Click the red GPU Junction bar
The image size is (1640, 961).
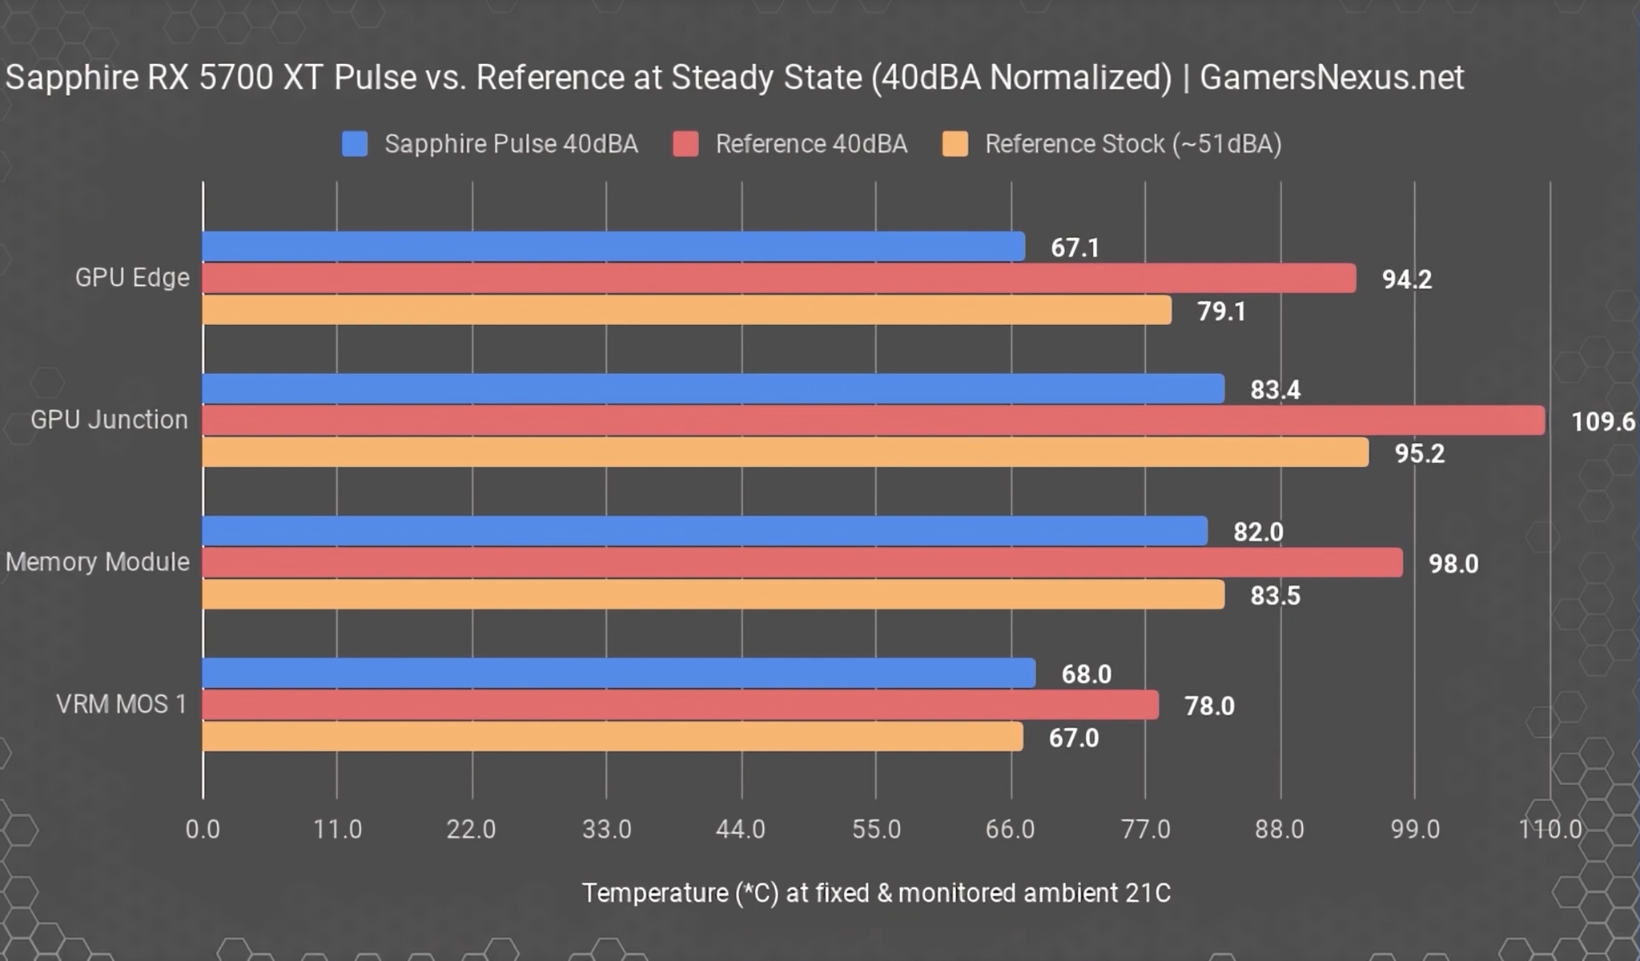873,420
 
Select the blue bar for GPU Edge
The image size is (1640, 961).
613,247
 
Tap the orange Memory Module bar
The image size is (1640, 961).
713,595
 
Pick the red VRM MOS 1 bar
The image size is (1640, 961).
681,706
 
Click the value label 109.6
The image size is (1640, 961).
1602,421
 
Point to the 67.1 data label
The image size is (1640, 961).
1075,247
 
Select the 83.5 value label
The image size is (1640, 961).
1275,596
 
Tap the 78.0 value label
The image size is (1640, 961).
1209,706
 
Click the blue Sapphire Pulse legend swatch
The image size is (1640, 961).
355,144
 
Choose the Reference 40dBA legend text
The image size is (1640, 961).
810,144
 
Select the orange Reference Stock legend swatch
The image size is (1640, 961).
955,144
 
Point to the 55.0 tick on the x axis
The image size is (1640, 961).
876,829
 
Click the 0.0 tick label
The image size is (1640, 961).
203,829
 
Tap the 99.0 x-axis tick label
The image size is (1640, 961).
1415,829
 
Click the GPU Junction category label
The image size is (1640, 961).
109,420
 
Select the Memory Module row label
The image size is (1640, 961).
98,562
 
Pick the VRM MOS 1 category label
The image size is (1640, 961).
121,705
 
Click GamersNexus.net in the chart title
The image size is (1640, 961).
1331,78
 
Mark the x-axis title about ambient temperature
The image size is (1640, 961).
876,893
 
